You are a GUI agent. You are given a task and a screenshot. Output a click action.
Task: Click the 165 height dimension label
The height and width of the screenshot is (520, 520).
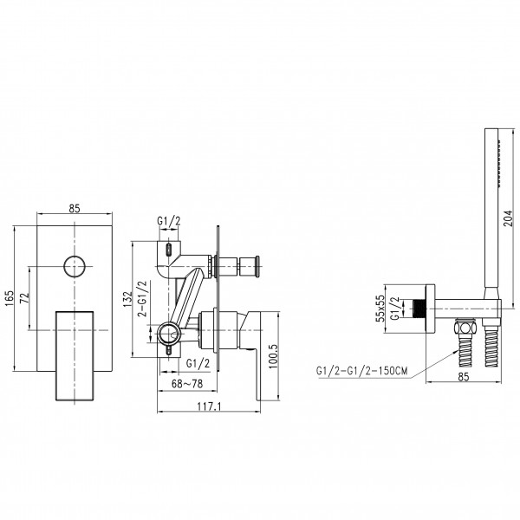(x=9, y=298)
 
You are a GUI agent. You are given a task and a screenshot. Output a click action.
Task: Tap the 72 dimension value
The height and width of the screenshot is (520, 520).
(x=25, y=297)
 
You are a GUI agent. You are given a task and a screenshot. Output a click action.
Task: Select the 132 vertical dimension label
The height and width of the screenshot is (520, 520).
(x=127, y=299)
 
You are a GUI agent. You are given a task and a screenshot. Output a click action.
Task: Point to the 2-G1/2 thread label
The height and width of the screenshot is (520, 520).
(x=143, y=298)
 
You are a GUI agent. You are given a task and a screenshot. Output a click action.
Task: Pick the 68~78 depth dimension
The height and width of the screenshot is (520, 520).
(x=187, y=384)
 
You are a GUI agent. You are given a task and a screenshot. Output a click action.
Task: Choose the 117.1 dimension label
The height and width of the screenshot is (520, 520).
(x=209, y=406)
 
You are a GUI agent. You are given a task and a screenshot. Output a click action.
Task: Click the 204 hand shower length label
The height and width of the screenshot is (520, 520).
(x=508, y=218)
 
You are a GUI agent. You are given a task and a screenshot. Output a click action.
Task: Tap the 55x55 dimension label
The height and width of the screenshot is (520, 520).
(x=380, y=309)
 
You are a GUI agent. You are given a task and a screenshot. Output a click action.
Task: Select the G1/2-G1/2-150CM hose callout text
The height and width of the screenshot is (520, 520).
(x=362, y=370)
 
